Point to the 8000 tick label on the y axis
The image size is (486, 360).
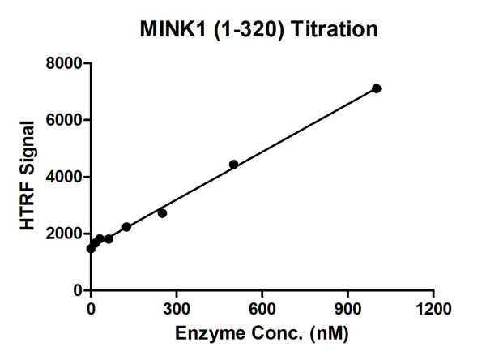pyautogui.click(x=62, y=63)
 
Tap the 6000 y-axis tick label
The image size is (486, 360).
pyautogui.click(x=62, y=120)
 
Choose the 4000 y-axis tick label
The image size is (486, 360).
pyautogui.click(x=62, y=177)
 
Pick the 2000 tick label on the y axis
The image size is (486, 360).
pyautogui.click(x=62, y=234)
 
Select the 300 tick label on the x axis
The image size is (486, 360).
pyautogui.click(x=176, y=307)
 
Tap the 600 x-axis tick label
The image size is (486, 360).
pyautogui.click(x=262, y=307)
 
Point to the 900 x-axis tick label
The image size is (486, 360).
pyautogui.click(x=347, y=307)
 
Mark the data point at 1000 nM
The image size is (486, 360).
pyautogui.click(x=376, y=88)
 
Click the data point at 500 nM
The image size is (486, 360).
pyautogui.click(x=233, y=165)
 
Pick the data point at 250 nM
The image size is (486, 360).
pyautogui.click(x=162, y=213)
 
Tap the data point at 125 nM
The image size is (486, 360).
pyautogui.click(x=126, y=227)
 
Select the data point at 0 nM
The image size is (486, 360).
pyautogui.click(x=91, y=249)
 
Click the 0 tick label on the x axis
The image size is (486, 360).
pyautogui.click(x=91, y=307)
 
